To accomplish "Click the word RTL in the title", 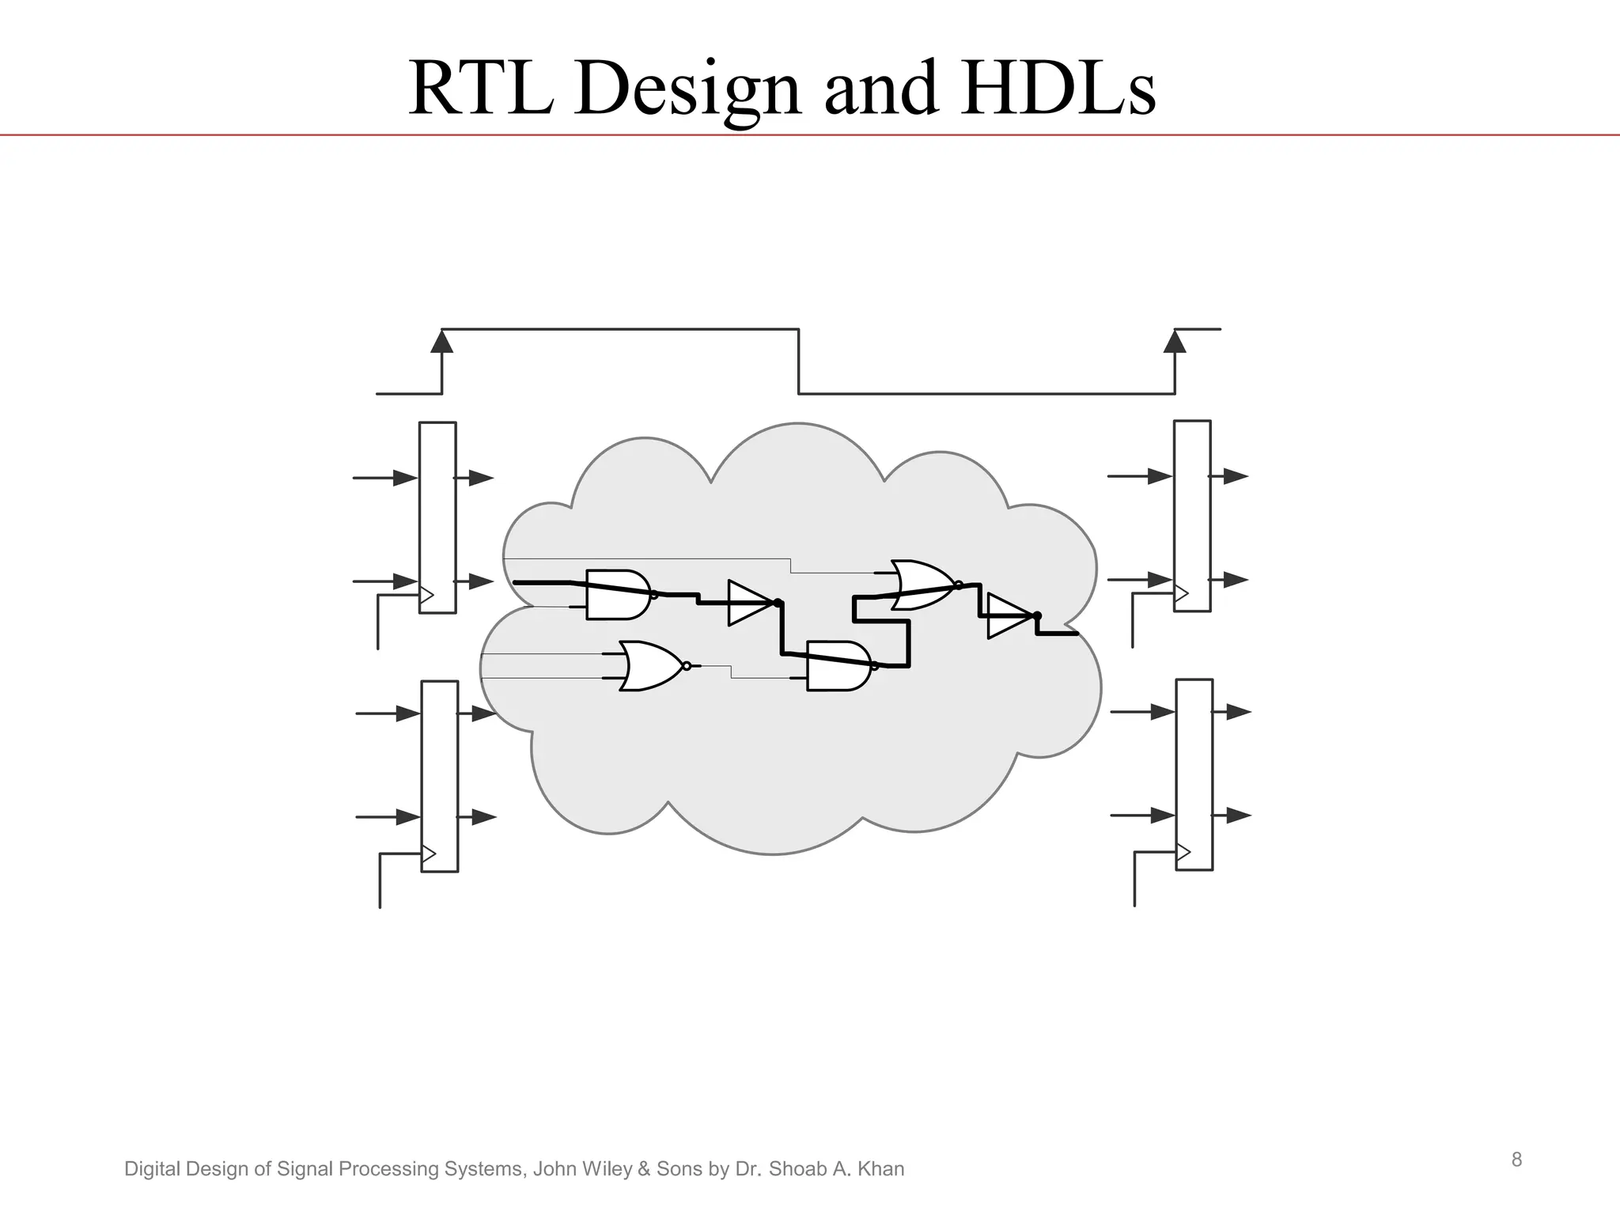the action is tap(480, 89).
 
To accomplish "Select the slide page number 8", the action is tap(1516, 1160).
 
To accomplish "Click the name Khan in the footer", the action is tap(880, 1169).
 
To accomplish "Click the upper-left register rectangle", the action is tap(437, 517).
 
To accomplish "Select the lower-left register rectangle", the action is tap(440, 776).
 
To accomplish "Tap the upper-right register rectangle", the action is tap(1192, 516).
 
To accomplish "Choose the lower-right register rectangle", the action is tap(1194, 774).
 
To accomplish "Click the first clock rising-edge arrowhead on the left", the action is tap(441, 342).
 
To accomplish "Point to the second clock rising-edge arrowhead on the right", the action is tap(1175, 342).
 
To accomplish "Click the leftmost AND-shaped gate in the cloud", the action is tap(617, 595).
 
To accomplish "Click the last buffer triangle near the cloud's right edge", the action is tap(1008, 616).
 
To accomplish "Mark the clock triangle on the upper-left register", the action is tap(426, 595).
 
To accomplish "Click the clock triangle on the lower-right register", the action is tap(1183, 852).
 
